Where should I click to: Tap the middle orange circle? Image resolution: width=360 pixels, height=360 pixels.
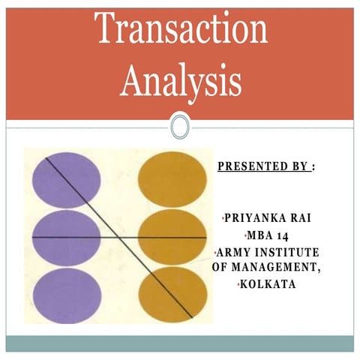point(172,237)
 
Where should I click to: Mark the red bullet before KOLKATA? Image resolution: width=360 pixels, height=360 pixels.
point(238,283)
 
